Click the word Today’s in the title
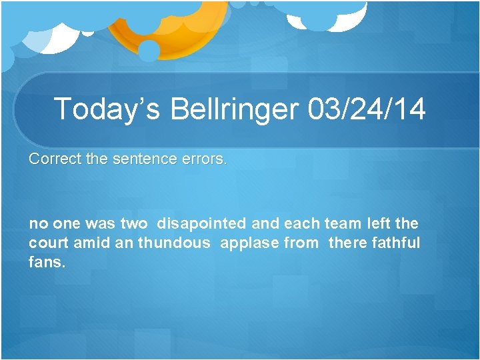[107, 109]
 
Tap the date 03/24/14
[367, 109]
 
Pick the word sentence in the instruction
[141, 160]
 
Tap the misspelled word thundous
[173, 243]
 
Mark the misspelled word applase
[249, 243]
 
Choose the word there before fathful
[349, 243]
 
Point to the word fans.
[47, 263]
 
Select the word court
[49, 243]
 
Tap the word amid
[92, 243]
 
